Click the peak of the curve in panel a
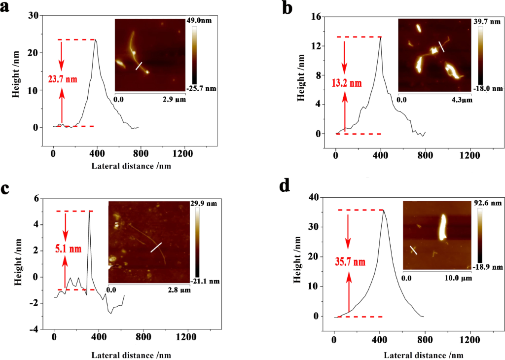click(x=96, y=40)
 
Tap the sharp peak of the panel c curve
click(x=89, y=212)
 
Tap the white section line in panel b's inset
click(x=442, y=47)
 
